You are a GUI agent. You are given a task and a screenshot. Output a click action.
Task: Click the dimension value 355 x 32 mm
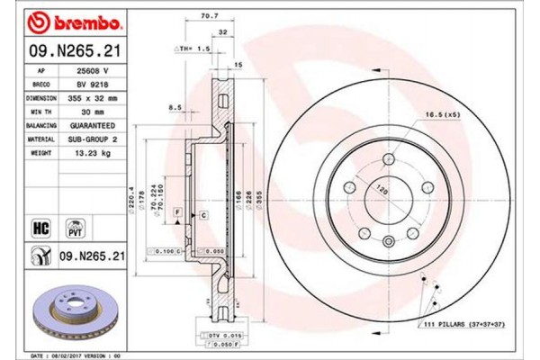(x=95, y=97)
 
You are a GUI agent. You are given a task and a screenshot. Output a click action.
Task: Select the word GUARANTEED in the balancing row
(x=95, y=125)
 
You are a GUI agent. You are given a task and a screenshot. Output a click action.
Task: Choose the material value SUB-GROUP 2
(x=95, y=139)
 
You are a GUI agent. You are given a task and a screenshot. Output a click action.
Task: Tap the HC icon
(x=41, y=228)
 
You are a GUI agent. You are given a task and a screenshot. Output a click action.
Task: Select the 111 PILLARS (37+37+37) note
(x=465, y=323)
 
